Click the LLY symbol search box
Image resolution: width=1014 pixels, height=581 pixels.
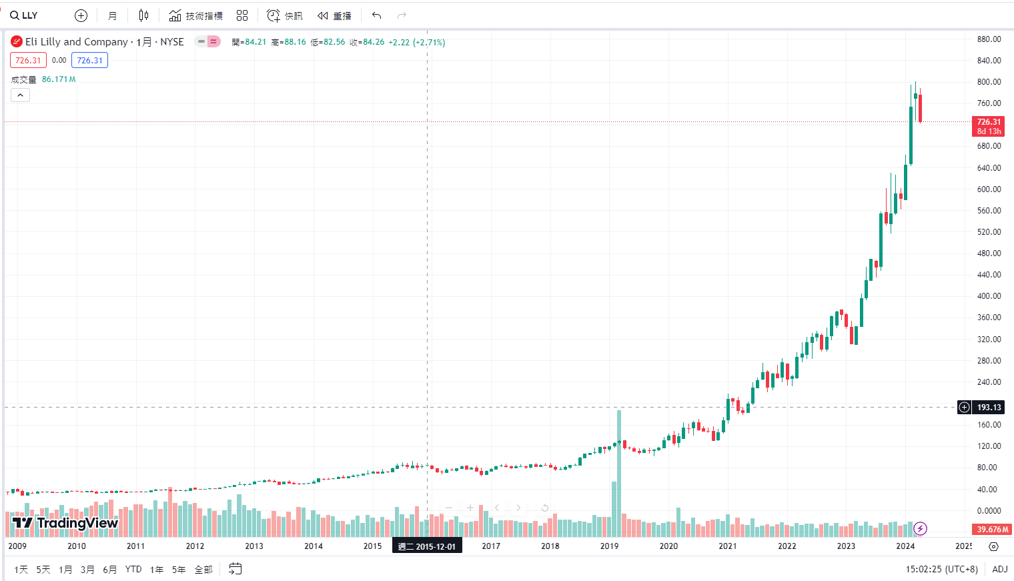point(25,15)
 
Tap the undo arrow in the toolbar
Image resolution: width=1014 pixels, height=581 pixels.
point(377,15)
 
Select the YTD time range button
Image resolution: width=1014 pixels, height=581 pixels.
point(133,569)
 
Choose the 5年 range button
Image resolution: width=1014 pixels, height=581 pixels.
point(179,569)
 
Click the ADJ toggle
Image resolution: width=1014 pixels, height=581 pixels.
point(999,569)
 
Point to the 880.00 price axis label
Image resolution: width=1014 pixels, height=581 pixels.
point(989,39)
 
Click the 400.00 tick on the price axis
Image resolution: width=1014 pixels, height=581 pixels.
point(989,296)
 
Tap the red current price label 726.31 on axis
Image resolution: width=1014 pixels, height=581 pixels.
point(989,126)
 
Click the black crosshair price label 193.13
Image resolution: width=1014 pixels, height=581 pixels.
point(989,408)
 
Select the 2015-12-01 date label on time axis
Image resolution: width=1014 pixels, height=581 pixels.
point(427,546)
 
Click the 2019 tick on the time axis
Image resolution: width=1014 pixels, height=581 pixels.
point(609,546)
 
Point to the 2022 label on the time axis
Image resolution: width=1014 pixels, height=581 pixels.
point(787,546)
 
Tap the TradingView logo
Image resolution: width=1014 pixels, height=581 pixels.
point(65,523)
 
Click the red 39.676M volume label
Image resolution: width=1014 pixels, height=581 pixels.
point(992,530)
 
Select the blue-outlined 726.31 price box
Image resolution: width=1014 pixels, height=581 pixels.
point(89,61)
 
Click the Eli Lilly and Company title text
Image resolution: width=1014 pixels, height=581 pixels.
point(77,42)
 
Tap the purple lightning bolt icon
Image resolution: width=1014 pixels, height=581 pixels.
point(920,529)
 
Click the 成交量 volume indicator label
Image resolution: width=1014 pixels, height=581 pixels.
point(24,79)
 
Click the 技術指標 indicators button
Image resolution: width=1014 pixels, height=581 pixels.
point(196,15)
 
